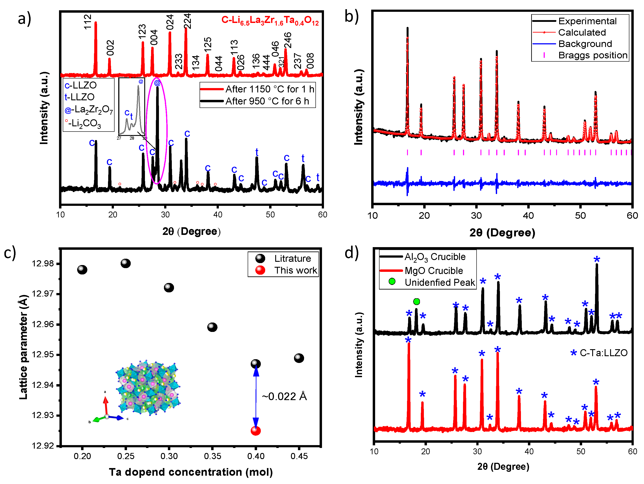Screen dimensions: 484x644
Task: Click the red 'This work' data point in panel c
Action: coord(255,431)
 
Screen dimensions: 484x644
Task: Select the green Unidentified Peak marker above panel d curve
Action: coord(416,302)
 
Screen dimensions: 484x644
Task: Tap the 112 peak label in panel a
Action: coord(88,22)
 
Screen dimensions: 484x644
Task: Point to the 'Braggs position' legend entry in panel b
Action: coord(592,55)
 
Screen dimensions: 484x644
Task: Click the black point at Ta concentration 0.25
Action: coord(125,263)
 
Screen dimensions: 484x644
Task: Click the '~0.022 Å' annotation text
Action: coord(284,396)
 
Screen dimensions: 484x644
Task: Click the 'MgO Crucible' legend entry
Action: coord(433,271)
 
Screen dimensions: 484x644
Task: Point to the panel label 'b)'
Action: coord(352,17)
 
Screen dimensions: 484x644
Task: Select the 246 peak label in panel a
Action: coord(288,40)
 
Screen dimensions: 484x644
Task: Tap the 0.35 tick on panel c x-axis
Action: coord(212,456)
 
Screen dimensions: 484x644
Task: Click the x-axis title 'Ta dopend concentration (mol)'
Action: coord(191,472)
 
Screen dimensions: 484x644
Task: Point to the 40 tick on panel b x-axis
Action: coord(528,216)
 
